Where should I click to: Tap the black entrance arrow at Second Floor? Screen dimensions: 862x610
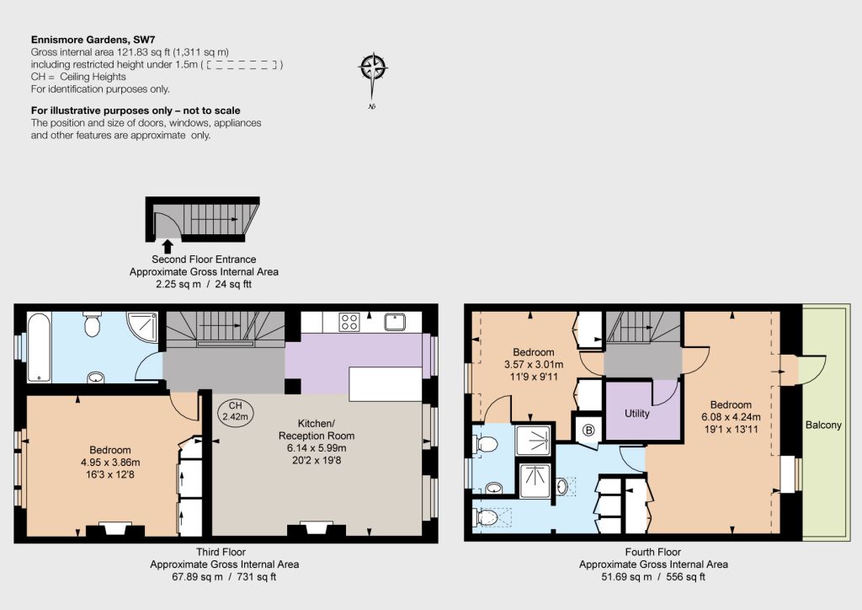click(x=168, y=246)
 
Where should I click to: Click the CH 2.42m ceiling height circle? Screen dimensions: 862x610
click(x=236, y=411)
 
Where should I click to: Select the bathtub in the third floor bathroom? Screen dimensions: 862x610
click(x=39, y=347)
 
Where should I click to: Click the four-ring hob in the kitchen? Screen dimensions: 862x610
click(x=349, y=322)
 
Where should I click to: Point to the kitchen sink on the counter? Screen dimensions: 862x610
click(x=395, y=322)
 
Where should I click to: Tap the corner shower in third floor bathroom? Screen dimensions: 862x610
click(x=141, y=329)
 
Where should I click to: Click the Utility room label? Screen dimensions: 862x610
click(x=637, y=413)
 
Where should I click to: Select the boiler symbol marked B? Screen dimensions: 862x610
click(x=588, y=431)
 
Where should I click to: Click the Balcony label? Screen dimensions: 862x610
click(x=823, y=425)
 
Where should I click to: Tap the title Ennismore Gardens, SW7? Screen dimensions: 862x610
click(x=93, y=40)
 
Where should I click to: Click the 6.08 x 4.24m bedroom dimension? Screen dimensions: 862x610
click(x=731, y=416)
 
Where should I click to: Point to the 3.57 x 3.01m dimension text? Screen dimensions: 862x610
click(x=534, y=364)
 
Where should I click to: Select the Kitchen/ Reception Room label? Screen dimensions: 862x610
click(x=317, y=430)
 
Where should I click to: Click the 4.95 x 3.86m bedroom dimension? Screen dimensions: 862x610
click(x=110, y=462)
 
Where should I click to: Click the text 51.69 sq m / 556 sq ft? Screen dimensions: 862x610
click(x=653, y=576)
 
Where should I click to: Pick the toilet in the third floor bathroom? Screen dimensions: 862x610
click(x=92, y=324)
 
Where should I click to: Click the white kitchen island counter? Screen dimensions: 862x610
click(x=386, y=384)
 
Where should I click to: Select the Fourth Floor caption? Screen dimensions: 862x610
click(x=653, y=552)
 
